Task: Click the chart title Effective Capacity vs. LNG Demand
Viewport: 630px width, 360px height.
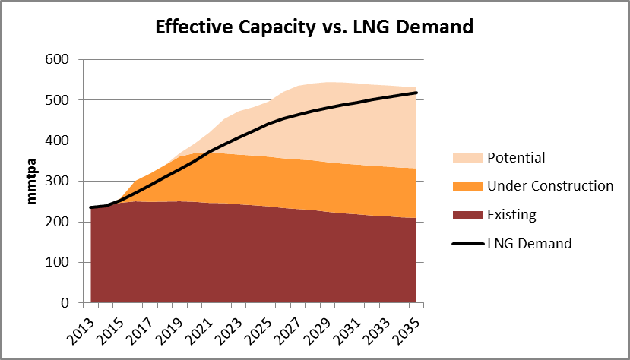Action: (x=314, y=27)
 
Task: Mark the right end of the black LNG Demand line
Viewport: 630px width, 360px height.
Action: (x=417, y=93)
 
